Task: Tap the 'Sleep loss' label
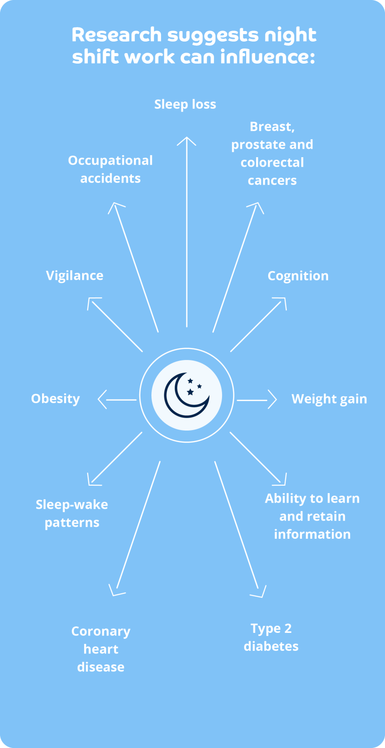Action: (x=185, y=104)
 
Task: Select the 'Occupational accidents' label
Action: (x=110, y=169)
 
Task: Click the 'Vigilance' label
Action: (x=75, y=275)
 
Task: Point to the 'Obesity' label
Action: (x=56, y=399)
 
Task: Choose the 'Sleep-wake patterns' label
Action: (x=72, y=513)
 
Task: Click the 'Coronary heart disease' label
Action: (x=101, y=649)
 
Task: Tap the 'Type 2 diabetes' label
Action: (x=271, y=637)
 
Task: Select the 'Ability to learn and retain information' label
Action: (x=312, y=516)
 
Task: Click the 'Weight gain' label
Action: (x=329, y=399)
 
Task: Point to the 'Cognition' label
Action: (x=298, y=276)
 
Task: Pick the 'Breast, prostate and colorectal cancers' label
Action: (x=272, y=153)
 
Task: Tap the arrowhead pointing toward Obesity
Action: (x=102, y=400)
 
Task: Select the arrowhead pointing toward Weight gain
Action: (x=272, y=400)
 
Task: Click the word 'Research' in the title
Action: (x=117, y=35)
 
